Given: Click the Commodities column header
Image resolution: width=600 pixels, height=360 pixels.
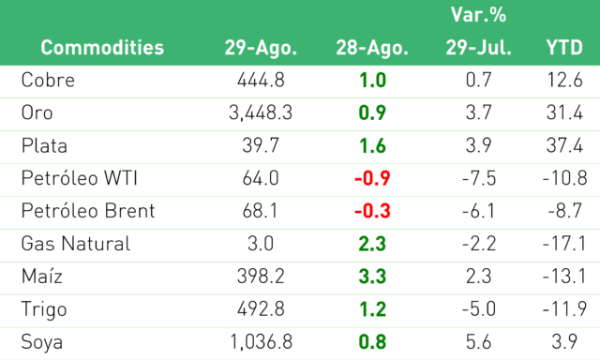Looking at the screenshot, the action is tap(102, 48).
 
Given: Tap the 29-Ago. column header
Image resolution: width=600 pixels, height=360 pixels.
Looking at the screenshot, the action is tap(261, 49).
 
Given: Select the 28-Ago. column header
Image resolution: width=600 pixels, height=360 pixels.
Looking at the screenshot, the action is tap(372, 49).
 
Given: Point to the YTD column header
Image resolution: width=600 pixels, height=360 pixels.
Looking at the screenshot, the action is tap(564, 48).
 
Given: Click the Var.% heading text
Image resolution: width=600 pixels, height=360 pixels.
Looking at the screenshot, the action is tap(478, 15).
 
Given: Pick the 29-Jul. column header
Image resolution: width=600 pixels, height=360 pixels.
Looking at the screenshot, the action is tap(479, 48).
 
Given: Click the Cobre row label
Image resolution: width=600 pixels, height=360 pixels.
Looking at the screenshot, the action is tap(48, 81).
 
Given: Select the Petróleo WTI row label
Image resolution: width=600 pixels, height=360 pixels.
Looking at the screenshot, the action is tap(79, 178).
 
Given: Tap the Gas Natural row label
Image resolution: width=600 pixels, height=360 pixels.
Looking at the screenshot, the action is tap(76, 244).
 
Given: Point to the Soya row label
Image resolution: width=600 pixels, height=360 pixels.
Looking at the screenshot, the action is tap(41, 342).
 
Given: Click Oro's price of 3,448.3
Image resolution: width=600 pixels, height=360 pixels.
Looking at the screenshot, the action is tap(261, 113).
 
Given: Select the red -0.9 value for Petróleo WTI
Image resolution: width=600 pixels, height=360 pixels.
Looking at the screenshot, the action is tap(372, 178).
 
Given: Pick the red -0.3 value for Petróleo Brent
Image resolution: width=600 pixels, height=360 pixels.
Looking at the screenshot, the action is tap(372, 211).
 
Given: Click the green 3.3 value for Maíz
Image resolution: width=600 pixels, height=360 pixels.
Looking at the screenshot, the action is tap(372, 277).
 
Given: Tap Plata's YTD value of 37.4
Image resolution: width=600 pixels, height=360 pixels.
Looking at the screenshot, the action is tap(564, 145).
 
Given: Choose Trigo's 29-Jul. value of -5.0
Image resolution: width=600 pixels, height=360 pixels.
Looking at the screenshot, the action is tap(479, 309).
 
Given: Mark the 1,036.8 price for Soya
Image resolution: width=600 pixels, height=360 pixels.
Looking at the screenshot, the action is tap(261, 342).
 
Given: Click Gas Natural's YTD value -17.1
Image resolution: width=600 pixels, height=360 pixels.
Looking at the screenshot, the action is tap(564, 244).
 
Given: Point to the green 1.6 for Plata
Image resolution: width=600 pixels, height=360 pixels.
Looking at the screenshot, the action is tap(372, 145).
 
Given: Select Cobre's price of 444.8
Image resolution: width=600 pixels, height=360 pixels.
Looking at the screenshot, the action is tap(261, 81).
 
